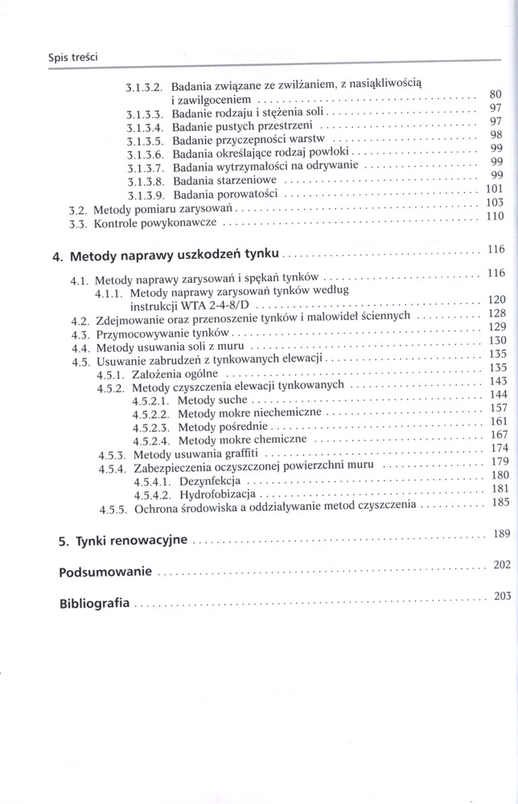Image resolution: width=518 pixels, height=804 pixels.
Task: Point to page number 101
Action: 494,189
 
